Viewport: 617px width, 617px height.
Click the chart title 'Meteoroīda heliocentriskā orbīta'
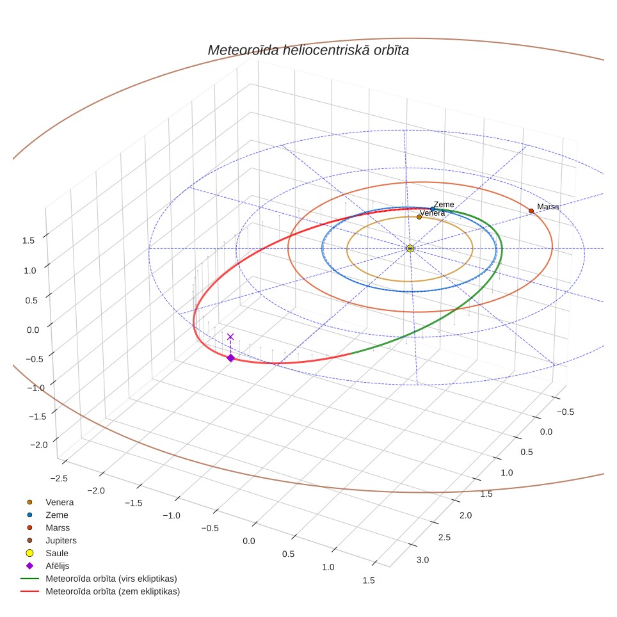(308, 51)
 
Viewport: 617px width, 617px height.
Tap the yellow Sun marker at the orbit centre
(410, 248)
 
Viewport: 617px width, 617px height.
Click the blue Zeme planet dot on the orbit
(433, 209)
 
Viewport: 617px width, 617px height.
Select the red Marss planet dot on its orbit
(531, 211)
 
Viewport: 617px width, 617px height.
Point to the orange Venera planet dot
(419, 217)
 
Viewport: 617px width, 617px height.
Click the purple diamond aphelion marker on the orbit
(230, 358)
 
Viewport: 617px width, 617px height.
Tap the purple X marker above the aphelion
(230, 337)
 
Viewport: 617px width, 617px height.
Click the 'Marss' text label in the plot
(548, 207)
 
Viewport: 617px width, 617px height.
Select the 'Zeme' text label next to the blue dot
(444, 204)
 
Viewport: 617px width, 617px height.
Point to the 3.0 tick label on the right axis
(422, 559)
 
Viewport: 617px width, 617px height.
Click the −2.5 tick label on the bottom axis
(59, 478)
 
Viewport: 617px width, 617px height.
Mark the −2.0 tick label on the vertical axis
(39, 445)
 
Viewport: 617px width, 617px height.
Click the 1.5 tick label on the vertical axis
(28, 241)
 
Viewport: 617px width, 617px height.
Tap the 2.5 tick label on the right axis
(444, 537)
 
